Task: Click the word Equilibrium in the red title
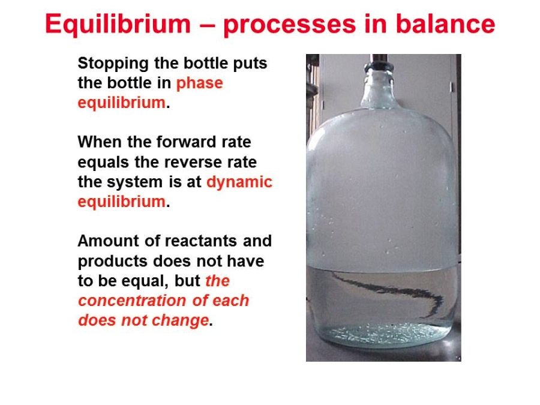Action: (x=118, y=24)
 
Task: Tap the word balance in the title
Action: (x=445, y=24)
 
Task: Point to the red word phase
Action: (x=199, y=83)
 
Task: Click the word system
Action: (x=134, y=182)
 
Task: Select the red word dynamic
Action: (x=239, y=182)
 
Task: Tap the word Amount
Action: (x=109, y=241)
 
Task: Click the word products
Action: (x=113, y=262)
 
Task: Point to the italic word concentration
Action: (x=133, y=301)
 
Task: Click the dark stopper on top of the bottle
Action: (x=379, y=61)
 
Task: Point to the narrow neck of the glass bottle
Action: (x=379, y=89)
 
